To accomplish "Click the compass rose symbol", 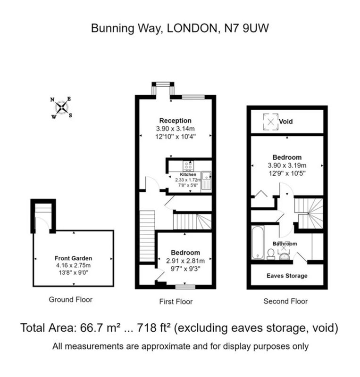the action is pyautogui.click(x=61, y=108).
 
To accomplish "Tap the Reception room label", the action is pyautogui.click(x=176, y=121).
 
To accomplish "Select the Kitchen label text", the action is pyautogui.click(x=188, y=174).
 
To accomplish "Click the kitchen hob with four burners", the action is pyautogui.click(x=188, y=166).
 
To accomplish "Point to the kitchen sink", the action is pyautogui.click(x=206, y=180).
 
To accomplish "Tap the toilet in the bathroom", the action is pyautogui.click(x=271, y=254).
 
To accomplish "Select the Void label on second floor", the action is pyautogui.click(x=286, y=122).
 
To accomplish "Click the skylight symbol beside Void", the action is pyautogui.click(x=271, y=122).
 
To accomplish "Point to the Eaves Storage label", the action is pyautogui.click(x=287, y=276).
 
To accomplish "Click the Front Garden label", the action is pyautogui.click(x=74, y=258).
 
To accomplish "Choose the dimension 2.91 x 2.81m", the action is pyautogui.click(x=185, y=261).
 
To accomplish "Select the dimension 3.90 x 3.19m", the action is pyautogui.click(x=287, y=165).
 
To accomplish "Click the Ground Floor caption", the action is pyautogui.click(x=71, y=300).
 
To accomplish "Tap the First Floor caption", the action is pyautogui.click(x=176, y=302).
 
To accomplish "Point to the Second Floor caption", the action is pyautogui.click(x=285, y=301).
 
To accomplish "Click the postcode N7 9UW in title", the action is pyautogui.click(x=246, y=28).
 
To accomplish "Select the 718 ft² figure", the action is pyautogui.click(x=154, y=328).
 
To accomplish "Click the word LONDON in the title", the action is pyautogui.click(x=193, y=28).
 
